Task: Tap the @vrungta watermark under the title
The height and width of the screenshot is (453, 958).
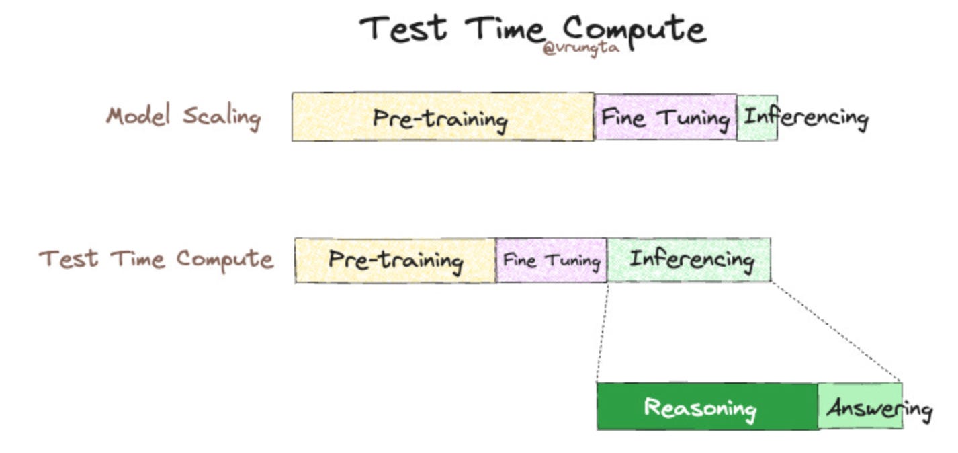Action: [x=580, y=49]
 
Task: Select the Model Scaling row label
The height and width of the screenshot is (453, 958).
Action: [x=183, y=116]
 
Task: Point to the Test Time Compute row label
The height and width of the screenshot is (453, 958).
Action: [x=156, y=259]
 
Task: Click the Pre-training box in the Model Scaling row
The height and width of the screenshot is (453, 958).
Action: [x=442, y=118]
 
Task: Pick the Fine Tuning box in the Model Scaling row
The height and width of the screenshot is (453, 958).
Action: [x=665, y=118]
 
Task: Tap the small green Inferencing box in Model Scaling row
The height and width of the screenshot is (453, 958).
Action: [x=757, y=118]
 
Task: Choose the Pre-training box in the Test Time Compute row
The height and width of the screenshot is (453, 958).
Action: [x=395, y=260]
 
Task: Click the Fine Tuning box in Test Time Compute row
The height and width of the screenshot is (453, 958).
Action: [x=551, y=260]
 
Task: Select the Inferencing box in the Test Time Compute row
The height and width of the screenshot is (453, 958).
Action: [x=689, y=260]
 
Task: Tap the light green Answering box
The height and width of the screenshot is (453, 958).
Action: [x=860, y=407]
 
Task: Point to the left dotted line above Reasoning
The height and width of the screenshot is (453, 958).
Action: [x=602, y=333]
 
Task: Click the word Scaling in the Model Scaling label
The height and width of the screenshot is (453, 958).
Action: [x=221, y=116]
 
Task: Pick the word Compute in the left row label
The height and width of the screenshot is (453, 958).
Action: [x=225, y=259]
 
